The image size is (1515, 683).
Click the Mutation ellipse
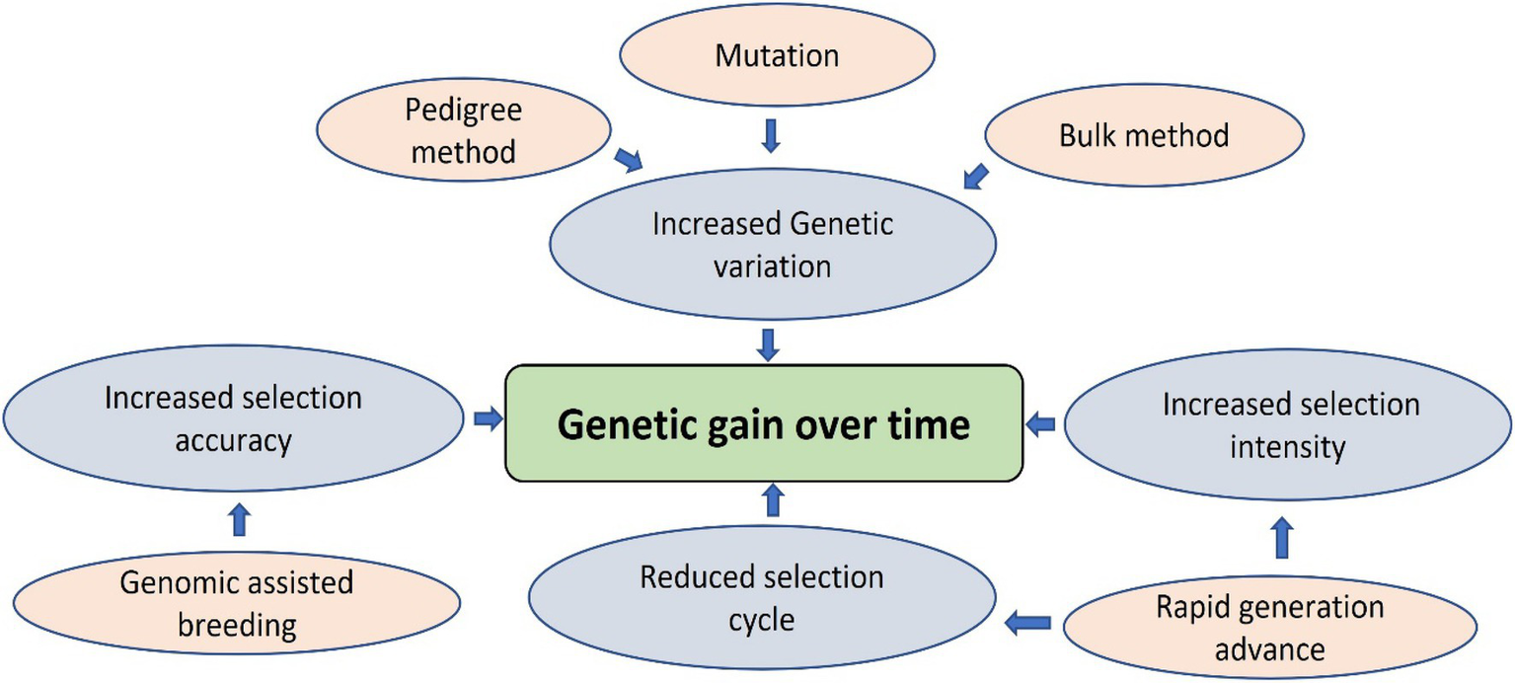click(x=776, y=56)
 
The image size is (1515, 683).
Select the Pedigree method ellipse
click(x=462, y=130)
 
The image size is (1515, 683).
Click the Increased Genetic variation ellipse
click(x=773, y=245)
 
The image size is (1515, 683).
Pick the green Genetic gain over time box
click(x=763, y=424)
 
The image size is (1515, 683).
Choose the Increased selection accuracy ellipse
click(x=233, y=419)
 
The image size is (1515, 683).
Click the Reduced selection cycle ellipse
click(x=761, y=598)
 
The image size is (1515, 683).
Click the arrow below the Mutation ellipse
click(x=772, y=136)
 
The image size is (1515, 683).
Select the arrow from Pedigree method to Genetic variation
click(x=628, y=158)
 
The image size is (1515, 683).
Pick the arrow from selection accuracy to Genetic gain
click(x=487, y=418)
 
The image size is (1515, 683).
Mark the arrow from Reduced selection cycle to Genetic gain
click(x=774, y=500)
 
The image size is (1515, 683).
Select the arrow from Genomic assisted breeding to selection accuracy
click(x=238, y=519)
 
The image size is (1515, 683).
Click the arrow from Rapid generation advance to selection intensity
click(x=1281, y=537)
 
